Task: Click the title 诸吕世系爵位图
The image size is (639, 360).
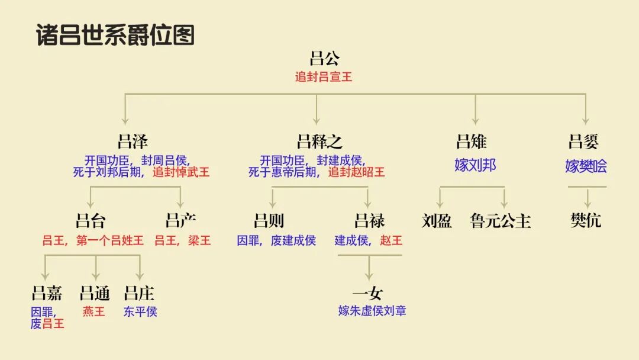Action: coord(115,36)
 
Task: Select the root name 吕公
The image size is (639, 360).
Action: coord(325,59)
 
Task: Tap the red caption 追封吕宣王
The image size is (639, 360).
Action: coord(324,77)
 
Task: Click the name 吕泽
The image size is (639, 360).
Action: coord(133,142)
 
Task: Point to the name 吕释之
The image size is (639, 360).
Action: coord(319,142)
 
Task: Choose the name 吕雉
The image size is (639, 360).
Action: coord(472,142)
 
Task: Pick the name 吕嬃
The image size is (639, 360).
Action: coord(583,142)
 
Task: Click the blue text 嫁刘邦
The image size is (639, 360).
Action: coord(475,165)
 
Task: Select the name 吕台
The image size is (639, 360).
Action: coord(91,221)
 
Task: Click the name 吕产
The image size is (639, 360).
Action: coord(180,221)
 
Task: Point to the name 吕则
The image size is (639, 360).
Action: coord(269,221)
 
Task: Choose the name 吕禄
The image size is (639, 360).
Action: coord(369,221)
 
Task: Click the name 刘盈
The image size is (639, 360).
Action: coord(437,221)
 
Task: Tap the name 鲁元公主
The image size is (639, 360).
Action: coord(501,221)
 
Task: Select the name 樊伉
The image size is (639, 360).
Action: coord(586,221)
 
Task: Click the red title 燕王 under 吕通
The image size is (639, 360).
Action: coord(94,311)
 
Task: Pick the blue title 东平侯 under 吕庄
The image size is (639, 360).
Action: coord(140,311)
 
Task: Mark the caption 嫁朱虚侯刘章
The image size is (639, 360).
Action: coord(372,311)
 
